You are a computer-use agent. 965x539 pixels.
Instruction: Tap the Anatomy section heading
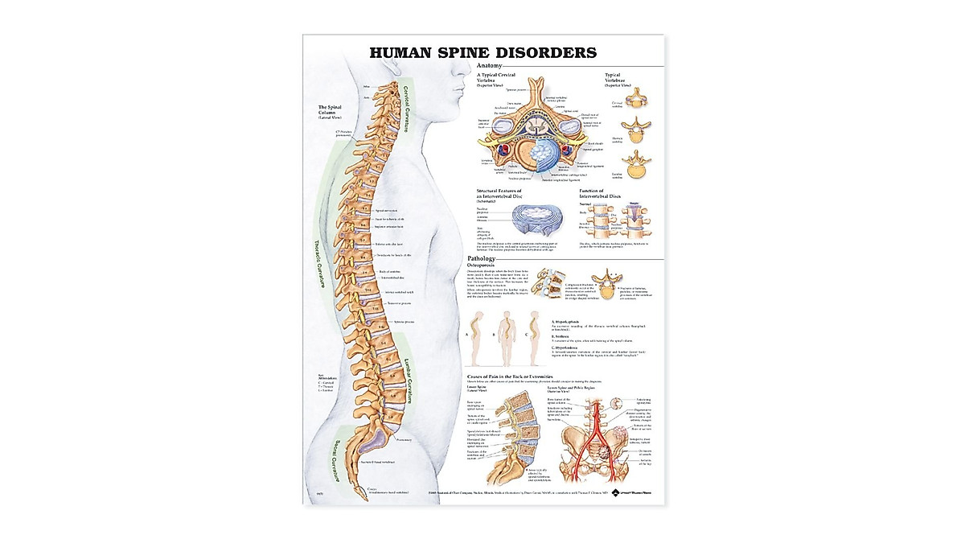(489, 65)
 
